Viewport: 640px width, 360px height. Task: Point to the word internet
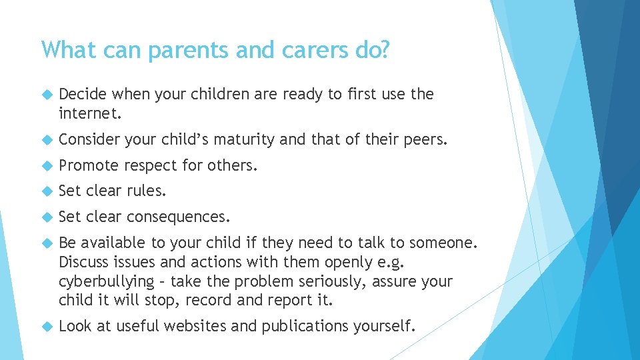[x=90, y=113]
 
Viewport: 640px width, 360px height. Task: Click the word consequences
[x=179, y=217]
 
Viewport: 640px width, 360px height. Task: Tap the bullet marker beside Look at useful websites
[x=47, y=327]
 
